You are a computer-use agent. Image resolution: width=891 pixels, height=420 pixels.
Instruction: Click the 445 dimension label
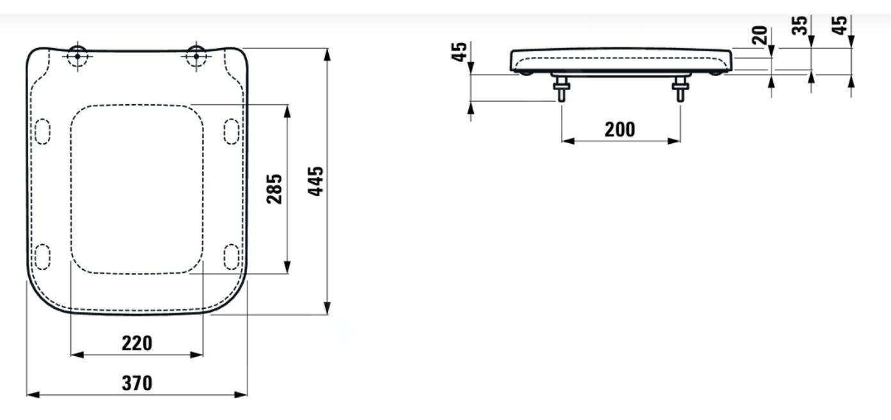[x=316, y=181]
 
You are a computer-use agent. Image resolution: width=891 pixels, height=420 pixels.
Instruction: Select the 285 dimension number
[x=274, y=189]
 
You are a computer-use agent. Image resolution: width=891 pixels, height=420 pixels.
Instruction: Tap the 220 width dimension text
[x=137, y=343]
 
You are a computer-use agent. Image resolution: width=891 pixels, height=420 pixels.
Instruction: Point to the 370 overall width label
[x=137, y=383]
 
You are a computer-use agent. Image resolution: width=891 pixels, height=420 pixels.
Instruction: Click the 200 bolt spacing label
[x=620, y=130]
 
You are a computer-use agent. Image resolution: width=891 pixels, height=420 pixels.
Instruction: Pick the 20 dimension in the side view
[x=759, y=35]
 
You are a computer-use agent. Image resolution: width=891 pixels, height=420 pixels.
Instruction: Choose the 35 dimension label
[x=800, y=26]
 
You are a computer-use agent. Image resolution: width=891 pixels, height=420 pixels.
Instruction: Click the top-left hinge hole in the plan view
[x=77, y=56]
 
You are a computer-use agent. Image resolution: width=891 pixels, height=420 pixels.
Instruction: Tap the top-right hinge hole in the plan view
[x=196, y=56]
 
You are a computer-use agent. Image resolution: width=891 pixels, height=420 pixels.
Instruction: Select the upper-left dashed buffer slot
[x=43, y=131]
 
